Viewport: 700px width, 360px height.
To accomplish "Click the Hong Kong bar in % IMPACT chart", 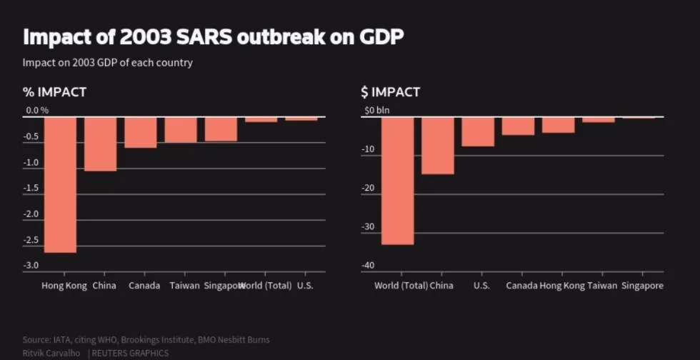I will click(60, 184).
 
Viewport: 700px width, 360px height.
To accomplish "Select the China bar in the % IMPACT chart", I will click(100, 144).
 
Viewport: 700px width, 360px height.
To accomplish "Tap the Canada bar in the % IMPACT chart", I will click(140, 132).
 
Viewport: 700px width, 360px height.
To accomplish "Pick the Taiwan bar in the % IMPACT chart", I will click(180, 129).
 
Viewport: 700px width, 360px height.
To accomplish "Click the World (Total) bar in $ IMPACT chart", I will click(397, 181).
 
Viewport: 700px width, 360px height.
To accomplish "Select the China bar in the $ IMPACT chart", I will click(437, 145).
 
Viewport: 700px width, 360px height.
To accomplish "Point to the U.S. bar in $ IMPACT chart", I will click(477, 131).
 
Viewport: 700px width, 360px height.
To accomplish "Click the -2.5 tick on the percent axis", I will click(33, 239).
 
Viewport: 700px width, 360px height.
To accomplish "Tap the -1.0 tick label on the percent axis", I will click(33, 162).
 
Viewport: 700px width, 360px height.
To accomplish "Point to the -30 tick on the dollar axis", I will click(369, 227).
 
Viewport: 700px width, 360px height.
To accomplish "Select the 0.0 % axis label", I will click(37, 111).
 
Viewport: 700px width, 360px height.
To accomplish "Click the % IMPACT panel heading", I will click(54, 92).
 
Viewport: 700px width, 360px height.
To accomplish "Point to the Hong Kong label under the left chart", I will click(64, 286).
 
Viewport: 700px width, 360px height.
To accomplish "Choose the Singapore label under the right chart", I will click(642, 286).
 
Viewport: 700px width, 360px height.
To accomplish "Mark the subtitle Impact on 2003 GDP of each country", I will click(107, 62).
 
